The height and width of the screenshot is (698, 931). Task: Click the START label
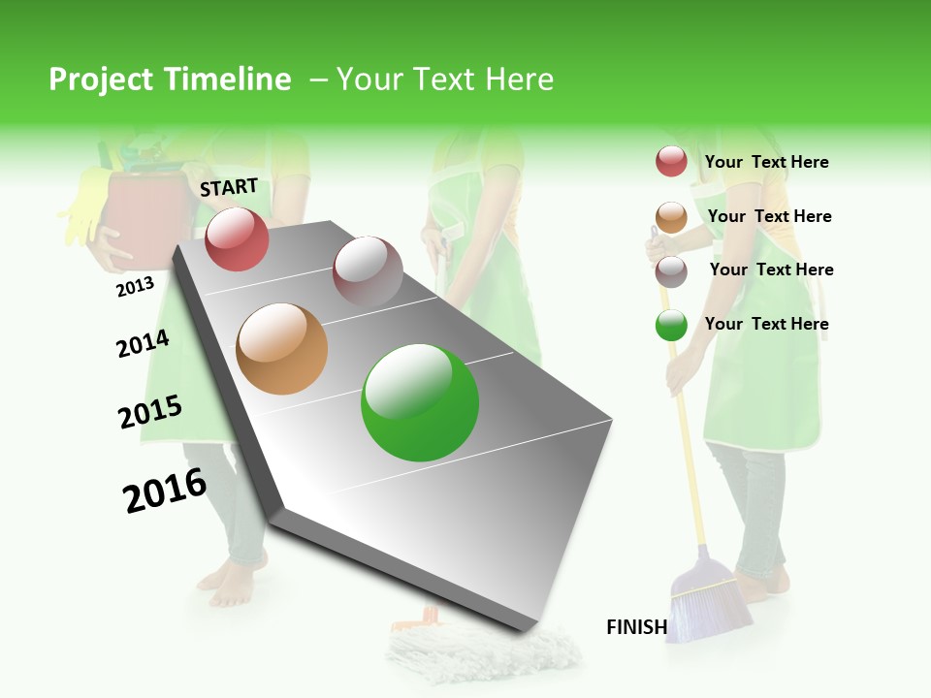[229, 187]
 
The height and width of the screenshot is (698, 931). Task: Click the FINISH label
[636, 627]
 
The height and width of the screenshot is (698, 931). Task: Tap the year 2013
[135, 287]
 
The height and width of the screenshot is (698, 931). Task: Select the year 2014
[143, 343]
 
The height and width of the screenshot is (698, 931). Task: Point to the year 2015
[150, 412]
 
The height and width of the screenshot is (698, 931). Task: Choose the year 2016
[165, 491]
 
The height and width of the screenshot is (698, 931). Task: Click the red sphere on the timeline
[238, 238]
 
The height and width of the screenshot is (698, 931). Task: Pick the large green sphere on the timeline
[420, 402]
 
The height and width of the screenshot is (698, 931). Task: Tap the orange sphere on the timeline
[282, 349]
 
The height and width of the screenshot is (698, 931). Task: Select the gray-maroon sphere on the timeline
[368, 271]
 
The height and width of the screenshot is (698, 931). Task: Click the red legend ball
[671, 161]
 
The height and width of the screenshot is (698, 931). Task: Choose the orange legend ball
[671, 217]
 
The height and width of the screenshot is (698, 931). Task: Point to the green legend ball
[671, 326]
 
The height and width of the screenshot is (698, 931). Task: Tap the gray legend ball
[671, 271]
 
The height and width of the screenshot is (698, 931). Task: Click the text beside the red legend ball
[766, 163]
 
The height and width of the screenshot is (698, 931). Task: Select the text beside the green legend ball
[766, 324]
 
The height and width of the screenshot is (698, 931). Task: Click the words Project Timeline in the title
[170, 79]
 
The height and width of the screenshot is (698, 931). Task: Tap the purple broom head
[713, 601]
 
